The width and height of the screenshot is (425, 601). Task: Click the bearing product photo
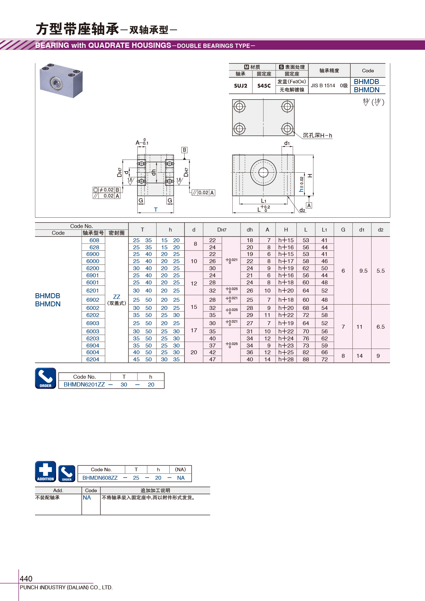(61, 80)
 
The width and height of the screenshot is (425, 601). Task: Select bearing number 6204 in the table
(93, 359)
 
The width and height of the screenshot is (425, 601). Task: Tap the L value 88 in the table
(306, 359)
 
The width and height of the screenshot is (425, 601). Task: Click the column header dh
(249, 230)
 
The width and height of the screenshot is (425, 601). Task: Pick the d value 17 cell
(194, 330)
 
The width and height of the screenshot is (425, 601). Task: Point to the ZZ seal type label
(117, 297)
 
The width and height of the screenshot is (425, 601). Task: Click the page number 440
(26, 579)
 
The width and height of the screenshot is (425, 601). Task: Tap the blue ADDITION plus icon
(46, 472)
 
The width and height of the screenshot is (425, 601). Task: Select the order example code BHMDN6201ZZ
(84, 384)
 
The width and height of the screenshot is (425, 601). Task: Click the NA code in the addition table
(87, 498)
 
